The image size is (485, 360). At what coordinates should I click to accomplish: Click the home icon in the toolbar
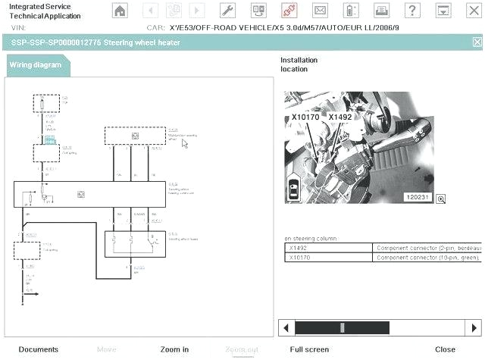coord(120,11)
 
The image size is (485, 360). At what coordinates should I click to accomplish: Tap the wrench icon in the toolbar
coord(227,11)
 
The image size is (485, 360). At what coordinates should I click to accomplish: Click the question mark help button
coord(411,11)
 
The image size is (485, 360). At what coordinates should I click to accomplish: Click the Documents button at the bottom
coord(38,349)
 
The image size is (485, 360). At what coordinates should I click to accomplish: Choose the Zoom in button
coord(174,349)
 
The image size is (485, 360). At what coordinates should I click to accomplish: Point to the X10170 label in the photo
coord(305,118)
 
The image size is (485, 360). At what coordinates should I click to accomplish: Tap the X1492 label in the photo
coord(340,118)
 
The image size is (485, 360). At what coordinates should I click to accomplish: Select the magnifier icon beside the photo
coord(440,199)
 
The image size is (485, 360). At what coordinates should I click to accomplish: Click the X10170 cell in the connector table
coord(300,258)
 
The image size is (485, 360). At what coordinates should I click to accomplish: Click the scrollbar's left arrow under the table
coord(286,328)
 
